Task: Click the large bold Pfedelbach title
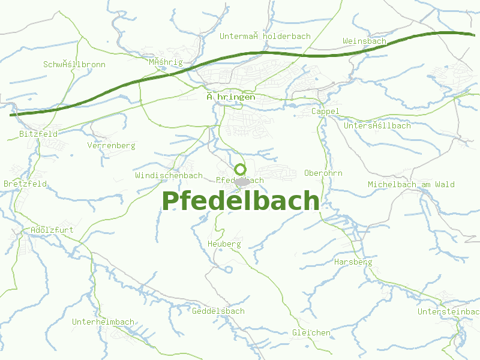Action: pos(240,202)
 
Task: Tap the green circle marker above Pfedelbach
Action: pos(240,169)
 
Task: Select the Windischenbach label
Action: pos(169,175)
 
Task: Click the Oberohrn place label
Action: pos(323,173)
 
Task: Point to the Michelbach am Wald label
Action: pos(411,184)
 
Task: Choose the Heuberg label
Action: pos(224,244)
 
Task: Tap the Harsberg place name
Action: pos(353,262)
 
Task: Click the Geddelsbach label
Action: pos(218,311)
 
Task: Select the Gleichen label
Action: pos(311,332)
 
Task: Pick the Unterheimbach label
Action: pos(103,322)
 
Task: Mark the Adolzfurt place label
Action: pos(52,229)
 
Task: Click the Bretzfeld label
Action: pos(25,183)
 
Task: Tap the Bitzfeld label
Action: pos(38,134)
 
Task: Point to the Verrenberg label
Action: pos(111,145)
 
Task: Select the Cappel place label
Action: pos(325,111)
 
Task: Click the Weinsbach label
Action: pos(364,41)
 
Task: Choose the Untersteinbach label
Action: pos(448,311)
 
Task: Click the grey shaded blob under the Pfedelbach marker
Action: pos(242,182)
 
